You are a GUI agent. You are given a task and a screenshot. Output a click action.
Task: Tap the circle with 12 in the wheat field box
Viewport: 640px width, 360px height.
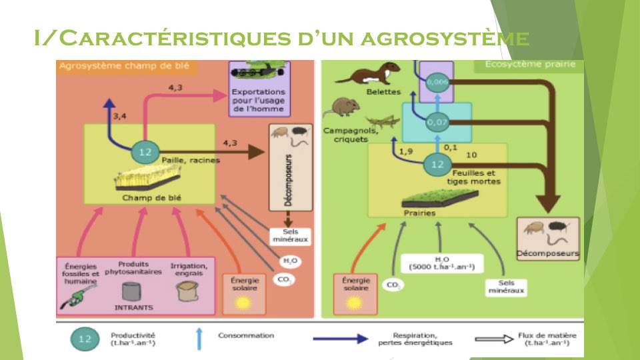145,152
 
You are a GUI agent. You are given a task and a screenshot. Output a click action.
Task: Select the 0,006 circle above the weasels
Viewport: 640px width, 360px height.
437,81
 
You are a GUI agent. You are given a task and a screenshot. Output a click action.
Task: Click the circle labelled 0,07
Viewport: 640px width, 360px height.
437,122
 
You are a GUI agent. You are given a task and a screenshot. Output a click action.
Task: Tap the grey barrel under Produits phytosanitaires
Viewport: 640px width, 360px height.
133,292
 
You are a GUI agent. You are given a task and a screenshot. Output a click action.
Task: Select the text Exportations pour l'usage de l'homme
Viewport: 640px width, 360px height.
258,100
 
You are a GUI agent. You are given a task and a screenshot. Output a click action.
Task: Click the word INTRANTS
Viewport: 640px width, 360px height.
133,308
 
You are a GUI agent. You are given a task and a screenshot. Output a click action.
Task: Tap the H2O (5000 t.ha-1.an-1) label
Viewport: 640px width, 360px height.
440,263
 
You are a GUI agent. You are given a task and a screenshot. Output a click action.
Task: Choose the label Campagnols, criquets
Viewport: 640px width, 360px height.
351,134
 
